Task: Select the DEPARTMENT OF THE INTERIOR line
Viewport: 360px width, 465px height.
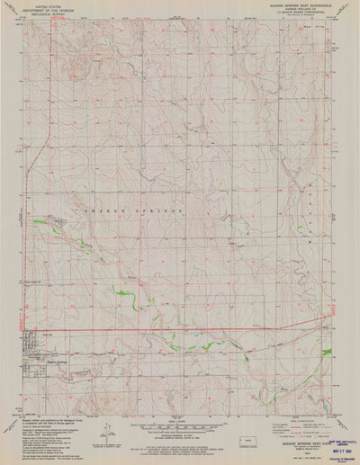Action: [40, 9]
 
